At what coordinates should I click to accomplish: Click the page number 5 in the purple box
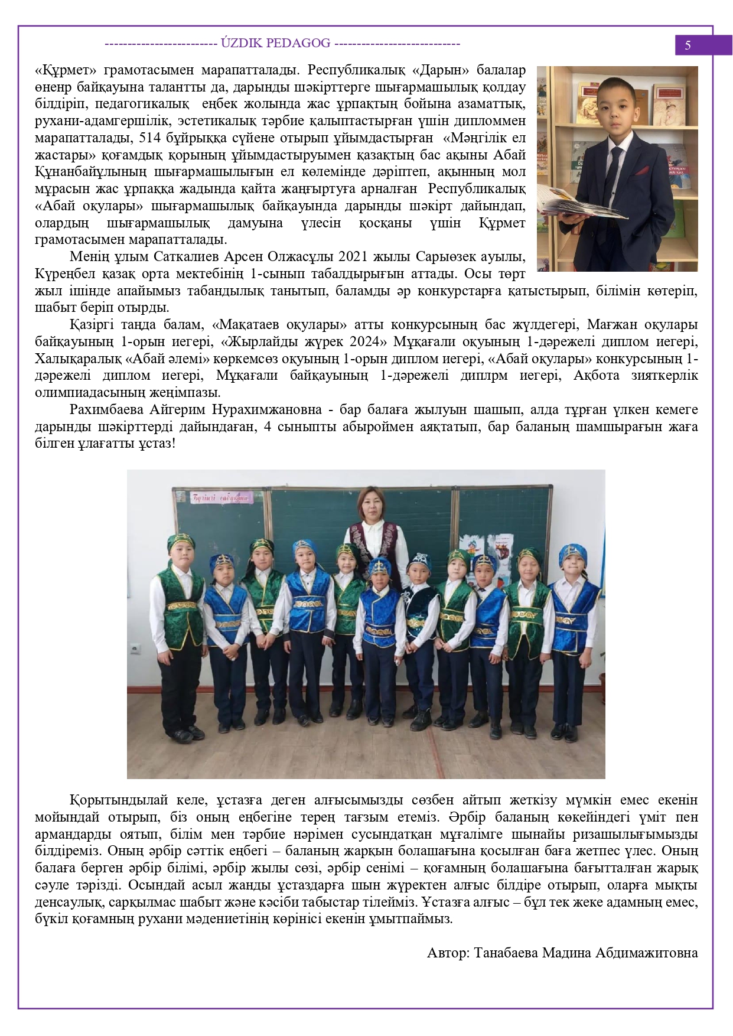[x=688, y=45]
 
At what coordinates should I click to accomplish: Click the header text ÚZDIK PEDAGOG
[x=275, y=43]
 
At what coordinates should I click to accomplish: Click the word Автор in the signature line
[x=447, y=953]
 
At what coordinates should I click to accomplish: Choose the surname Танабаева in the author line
[x=506, y=953]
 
